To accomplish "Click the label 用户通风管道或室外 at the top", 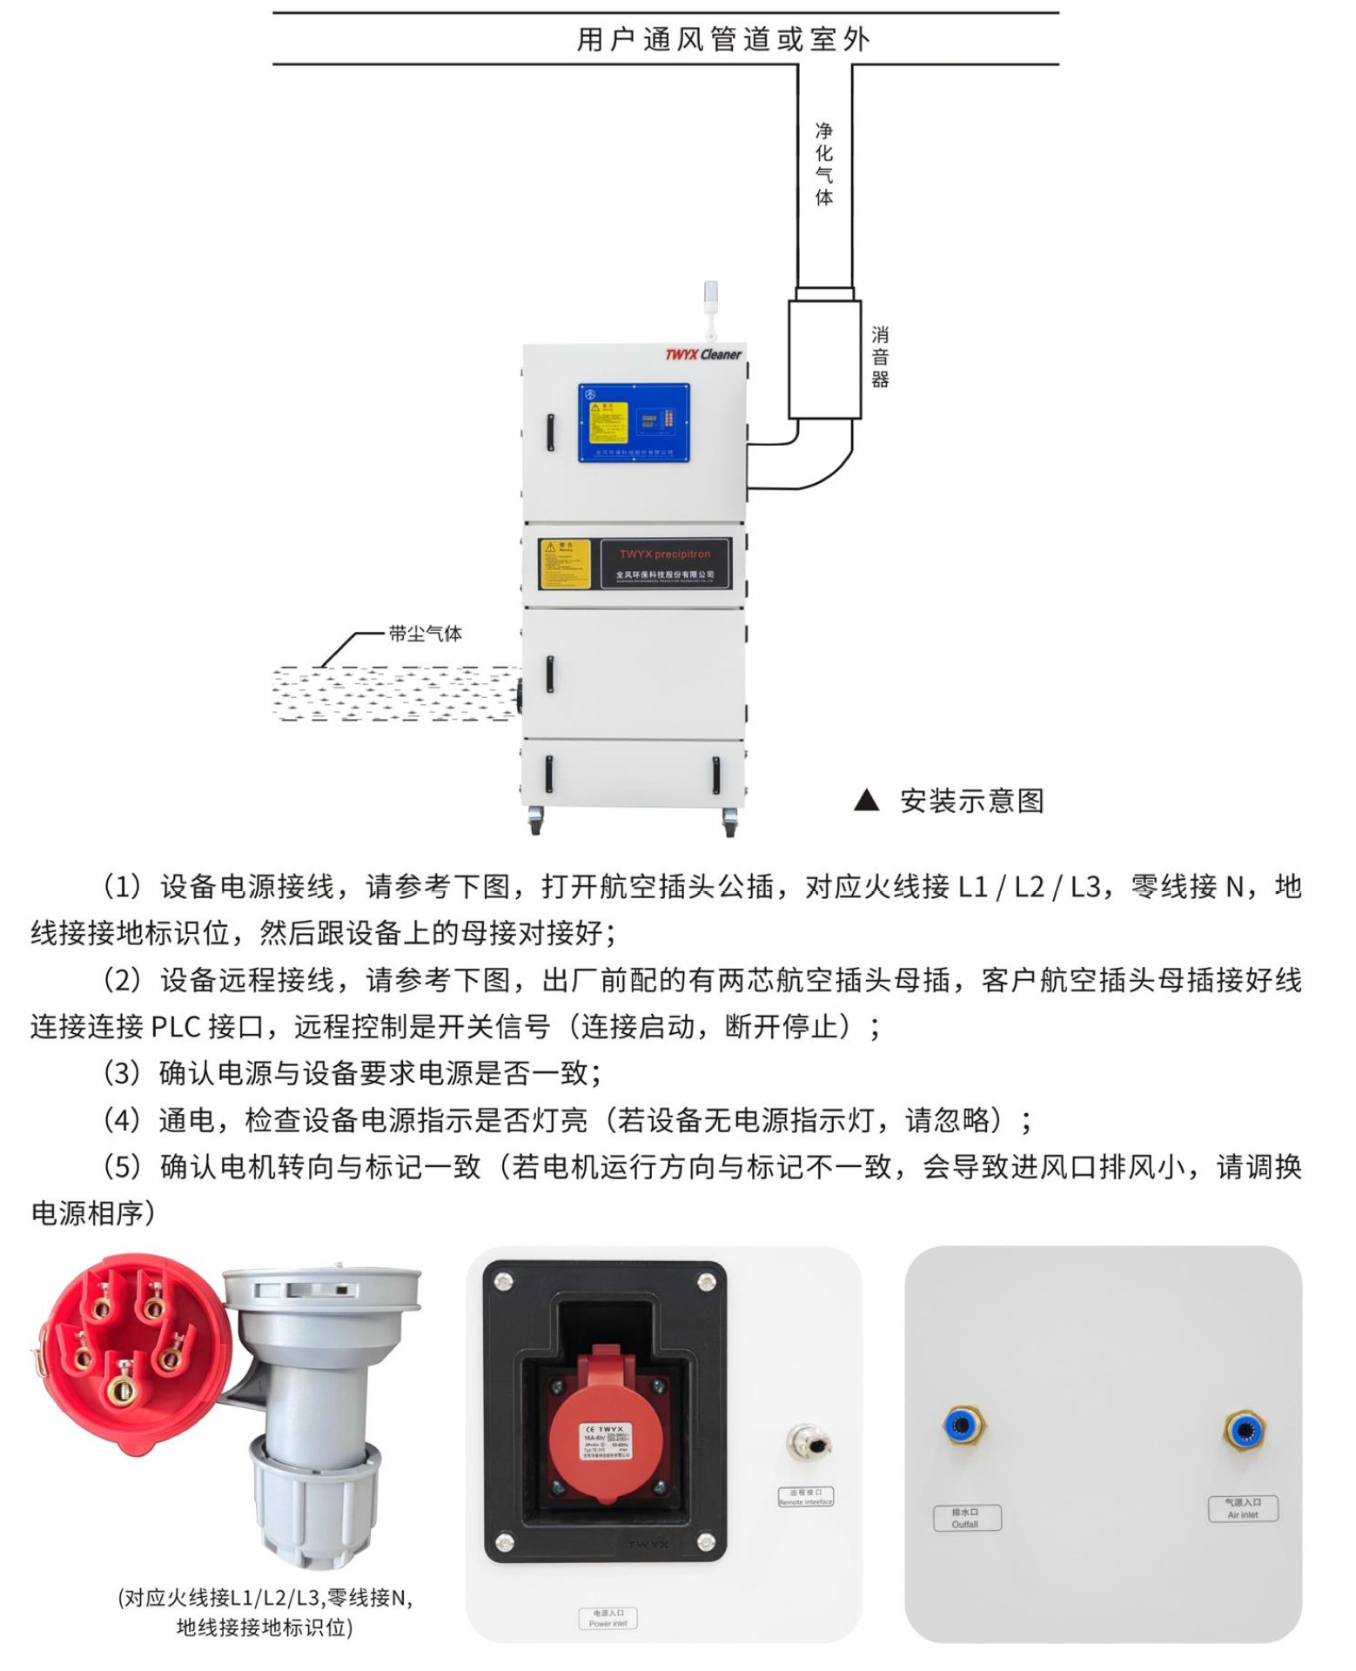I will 722,40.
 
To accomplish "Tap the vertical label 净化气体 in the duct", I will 823,164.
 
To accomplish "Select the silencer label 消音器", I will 880,357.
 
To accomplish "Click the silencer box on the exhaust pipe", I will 824,359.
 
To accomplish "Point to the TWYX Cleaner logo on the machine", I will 702,354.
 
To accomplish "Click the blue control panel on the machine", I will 634,422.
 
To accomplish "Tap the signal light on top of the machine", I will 710,300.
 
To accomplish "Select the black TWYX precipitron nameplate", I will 665,563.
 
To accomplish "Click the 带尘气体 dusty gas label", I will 425,634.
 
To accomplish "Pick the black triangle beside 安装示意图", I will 866,801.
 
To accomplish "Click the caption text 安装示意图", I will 971,801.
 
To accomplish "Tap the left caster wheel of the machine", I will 535,822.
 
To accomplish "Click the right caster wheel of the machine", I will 729,822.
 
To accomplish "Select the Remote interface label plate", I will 805,1497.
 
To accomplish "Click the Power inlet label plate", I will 608,1618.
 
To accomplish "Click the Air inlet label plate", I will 1242,1508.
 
